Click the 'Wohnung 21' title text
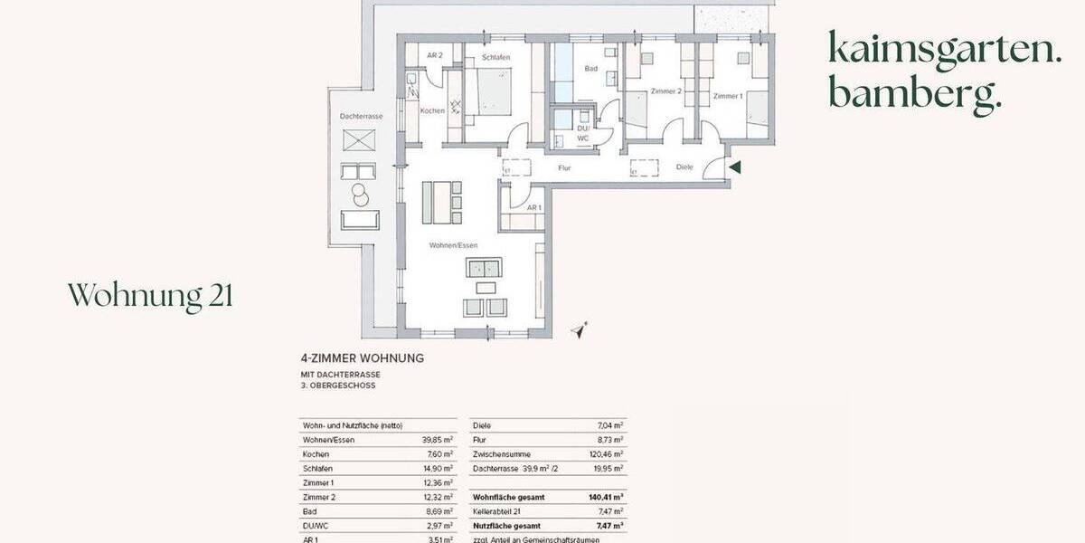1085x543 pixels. (150, 295)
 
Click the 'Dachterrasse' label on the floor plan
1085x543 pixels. (360, 117)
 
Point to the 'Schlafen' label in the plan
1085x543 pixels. (496, 58)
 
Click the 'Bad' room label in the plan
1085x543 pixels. (591, 68)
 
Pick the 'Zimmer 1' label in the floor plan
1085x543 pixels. (727, 96)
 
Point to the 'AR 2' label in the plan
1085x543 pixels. (434, 56)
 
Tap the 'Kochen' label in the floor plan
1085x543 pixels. (432, 110)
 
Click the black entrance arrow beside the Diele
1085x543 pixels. (735, 167)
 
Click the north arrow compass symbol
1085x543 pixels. (580, 331)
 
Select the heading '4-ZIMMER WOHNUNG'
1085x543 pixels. (362, 357)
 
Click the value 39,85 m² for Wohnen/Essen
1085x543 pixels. (437, 439)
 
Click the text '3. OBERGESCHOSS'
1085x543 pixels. (338, 386)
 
